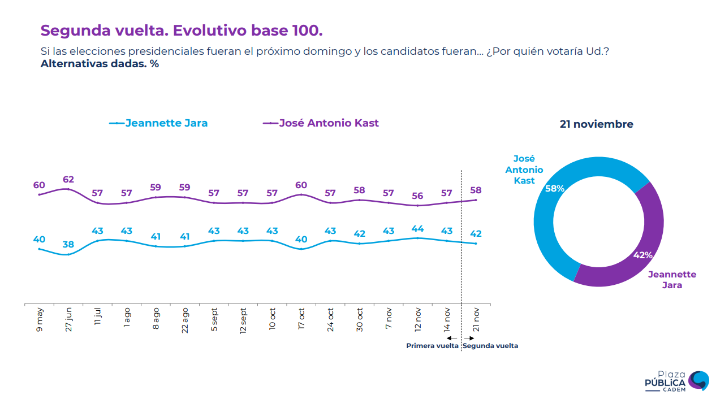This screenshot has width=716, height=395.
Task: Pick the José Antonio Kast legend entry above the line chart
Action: click(x=329, y=123)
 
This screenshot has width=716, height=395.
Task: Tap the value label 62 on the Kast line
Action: click(x=68, y=180)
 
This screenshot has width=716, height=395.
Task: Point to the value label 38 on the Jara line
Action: click(x=68, y=245)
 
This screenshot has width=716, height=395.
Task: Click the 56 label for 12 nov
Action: click(x=417, y=196)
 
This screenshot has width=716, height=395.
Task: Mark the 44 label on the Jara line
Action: click(x=417, y=228)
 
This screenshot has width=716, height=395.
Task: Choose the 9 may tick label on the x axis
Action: click(x=40, y=320)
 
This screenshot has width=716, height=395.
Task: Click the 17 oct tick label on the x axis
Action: click(x=301, y=320)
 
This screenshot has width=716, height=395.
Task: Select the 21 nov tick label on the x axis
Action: click(x=476, y=320)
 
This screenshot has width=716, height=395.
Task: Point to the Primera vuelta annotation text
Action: click(x=432, y=346)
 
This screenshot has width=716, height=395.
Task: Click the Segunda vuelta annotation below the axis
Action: click(x=490, y=346)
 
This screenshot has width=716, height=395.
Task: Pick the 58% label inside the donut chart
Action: click(x=554, y=189)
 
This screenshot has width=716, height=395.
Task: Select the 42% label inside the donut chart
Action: click(x=642, y=255)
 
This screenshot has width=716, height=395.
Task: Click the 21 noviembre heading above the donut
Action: click(x=596, y=124)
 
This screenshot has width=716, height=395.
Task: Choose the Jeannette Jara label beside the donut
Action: click(x=672, y=280)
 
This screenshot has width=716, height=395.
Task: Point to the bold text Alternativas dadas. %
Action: click(x=100, y=64)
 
